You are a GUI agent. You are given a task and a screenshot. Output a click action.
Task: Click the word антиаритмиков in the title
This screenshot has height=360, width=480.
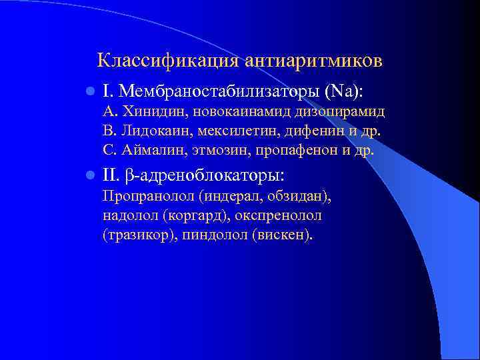click(313, 61)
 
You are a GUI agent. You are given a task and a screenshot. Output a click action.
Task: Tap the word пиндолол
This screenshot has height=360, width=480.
click(213, 235)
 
